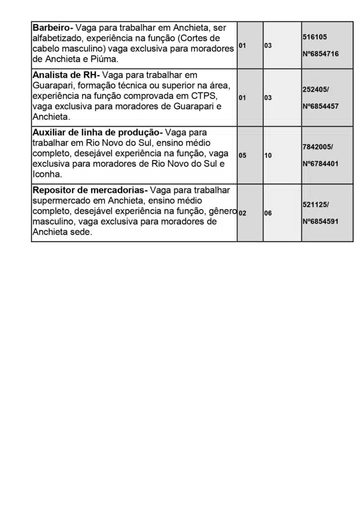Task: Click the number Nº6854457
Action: click(x=320, y=106)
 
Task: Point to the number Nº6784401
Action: click(x=320, y=164)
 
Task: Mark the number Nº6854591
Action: click(x=320, y=222)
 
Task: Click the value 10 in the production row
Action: click(x=268, y=156)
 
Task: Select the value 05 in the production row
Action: click(x=242, y=156)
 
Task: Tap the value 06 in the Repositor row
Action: click(x=268, y=213)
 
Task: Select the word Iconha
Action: click(x=47, y=174)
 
